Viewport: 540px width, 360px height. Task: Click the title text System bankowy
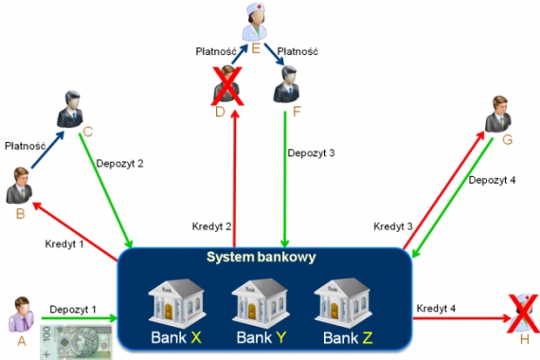coord(261,258)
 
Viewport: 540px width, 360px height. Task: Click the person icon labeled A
coord(20,314)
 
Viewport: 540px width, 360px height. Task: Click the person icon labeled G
coord(498,115)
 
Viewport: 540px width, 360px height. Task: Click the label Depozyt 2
coord(120,163)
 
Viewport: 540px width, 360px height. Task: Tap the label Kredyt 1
coord(64,243)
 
